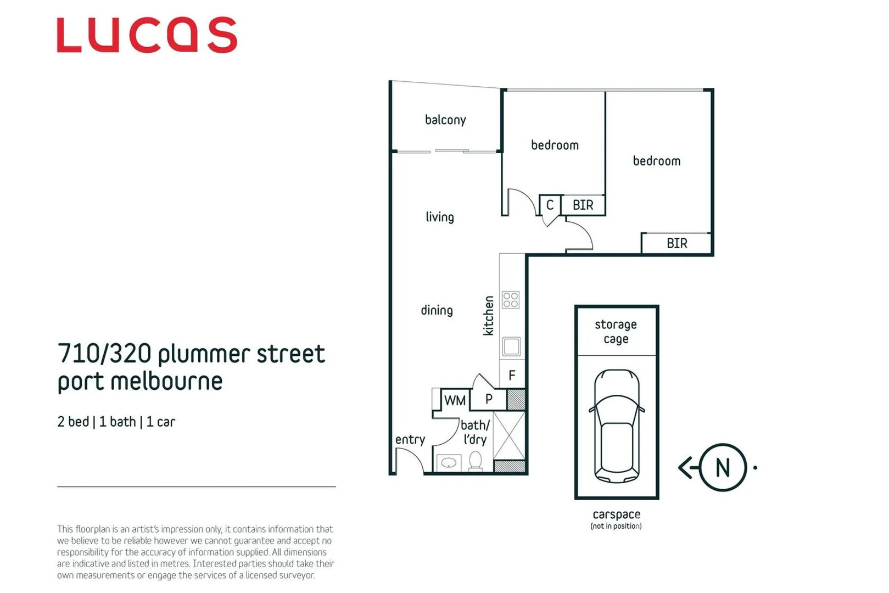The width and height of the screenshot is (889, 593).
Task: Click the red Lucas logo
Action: (x=147, y=35)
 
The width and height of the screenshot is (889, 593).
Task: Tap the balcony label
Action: (x=445, y=120)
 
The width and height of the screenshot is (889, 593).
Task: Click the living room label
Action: (x=440, y=217)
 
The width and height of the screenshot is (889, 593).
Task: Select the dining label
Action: (x=437, y=310)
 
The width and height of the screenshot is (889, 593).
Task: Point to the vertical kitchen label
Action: (x=488, y=316)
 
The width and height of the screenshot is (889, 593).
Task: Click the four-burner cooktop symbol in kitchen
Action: (x=511, y=300)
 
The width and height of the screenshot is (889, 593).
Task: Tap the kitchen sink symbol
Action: (x=511, y=346)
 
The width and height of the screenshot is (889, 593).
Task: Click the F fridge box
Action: (x=512, y=376)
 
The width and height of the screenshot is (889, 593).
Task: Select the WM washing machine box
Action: (x=455, y=400)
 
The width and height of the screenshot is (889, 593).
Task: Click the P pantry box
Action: (x=489, y=399)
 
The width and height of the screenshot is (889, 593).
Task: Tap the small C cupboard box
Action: (x=550, y=205)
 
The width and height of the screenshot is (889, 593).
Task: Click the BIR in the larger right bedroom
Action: (x=676, y=243)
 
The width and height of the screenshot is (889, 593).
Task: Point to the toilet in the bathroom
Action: (x=476, y=461)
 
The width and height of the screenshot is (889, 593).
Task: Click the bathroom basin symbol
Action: (x=449, y=463)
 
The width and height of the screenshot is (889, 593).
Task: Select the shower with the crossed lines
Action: (x=509, y=435)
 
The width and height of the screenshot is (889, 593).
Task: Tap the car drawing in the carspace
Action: (x=617, y=426)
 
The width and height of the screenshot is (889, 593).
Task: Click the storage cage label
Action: (x=616, y=332)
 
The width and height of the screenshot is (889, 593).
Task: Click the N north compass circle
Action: (x=723, y=468)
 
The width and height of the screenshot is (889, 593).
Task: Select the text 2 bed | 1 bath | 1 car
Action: (x=116, y=422)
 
